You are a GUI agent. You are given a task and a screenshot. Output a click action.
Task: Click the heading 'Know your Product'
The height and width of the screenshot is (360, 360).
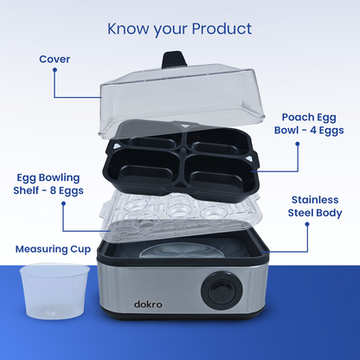pos(179,29)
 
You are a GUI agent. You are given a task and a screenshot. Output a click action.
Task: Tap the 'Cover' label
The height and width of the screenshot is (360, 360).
pos(55,59)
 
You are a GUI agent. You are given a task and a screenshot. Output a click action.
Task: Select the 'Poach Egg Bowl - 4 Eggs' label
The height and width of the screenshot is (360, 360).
pos(309,124)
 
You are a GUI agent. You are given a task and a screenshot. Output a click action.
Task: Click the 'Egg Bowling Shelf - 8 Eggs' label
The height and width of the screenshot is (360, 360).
pos(48,184)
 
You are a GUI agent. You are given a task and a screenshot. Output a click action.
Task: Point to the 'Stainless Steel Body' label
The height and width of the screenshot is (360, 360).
pos(315,206)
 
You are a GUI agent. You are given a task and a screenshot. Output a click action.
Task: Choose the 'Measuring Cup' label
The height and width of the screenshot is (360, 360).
pos(53,249)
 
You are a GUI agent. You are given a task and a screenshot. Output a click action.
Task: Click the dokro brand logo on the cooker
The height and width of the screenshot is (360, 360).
pos(148,304)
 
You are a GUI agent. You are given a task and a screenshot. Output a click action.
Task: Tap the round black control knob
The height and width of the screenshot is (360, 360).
pos(222,290)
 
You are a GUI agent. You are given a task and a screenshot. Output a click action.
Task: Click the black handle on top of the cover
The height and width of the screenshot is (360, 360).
pos(174,59)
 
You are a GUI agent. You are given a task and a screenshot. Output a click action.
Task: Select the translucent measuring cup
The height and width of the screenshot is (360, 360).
pos(55,291)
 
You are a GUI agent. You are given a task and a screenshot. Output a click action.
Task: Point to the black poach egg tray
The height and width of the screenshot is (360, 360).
pos(183,162)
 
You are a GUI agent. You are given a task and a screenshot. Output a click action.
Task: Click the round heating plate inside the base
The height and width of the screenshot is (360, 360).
pos(188,250)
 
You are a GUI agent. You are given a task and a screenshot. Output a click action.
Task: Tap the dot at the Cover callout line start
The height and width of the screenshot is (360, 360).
pos(55,70)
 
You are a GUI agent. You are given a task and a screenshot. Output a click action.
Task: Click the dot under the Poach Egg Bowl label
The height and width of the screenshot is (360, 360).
pos(298,144)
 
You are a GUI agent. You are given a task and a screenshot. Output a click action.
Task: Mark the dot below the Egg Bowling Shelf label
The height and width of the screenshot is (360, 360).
pos(63,203)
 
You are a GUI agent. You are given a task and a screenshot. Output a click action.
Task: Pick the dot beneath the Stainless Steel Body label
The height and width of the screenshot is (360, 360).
pos(307,224)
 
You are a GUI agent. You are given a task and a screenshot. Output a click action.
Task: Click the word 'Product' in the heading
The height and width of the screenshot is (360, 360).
pos(222,29)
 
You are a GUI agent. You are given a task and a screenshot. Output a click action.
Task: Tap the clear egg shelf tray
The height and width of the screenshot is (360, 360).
pos(179,215)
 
